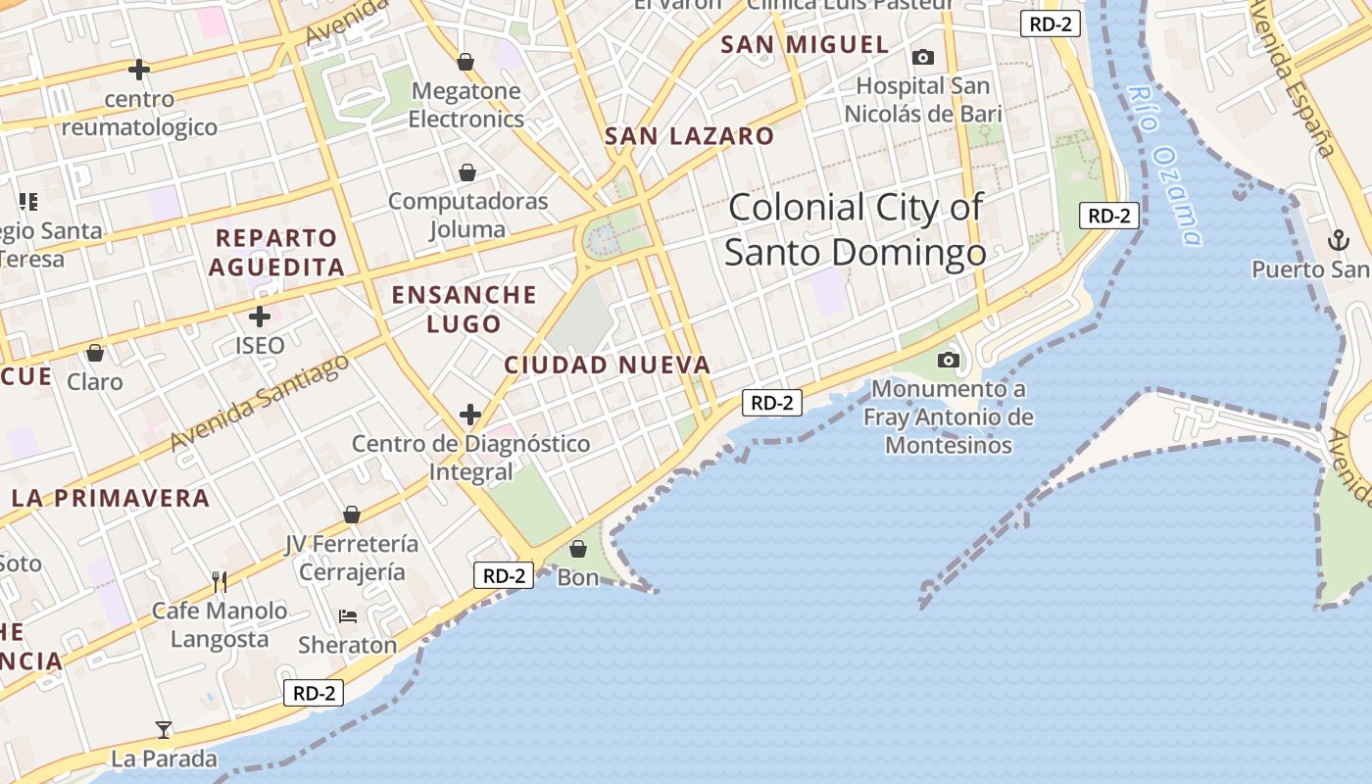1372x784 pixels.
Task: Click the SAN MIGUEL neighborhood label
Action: [x=805, y=44]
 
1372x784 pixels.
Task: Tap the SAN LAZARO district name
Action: [x=689, y=136]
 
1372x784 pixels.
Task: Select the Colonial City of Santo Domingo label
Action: [x=855, y=230]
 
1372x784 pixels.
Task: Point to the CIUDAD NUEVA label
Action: [x=607, y=366]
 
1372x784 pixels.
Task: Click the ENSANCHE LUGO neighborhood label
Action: [x=465, y=309]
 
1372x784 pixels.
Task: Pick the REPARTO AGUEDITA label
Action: [x=276, y=252]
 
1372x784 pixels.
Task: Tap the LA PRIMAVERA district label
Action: [x=111, y=498]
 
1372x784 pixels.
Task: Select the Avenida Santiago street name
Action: [x=259, y=403]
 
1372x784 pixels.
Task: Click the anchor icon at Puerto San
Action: [x=1338, y=240]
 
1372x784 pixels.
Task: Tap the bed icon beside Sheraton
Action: [x=348, y=616]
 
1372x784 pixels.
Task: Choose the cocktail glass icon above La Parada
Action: [x=164, y=730]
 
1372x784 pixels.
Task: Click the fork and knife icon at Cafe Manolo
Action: [x=220, y=582]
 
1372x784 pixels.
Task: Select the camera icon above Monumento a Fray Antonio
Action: [x=948, y=360]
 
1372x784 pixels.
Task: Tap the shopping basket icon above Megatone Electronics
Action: [x=465, y=63]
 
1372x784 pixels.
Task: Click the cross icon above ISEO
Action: [x=260, y=317]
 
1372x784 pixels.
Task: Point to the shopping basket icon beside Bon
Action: [x=578, y=549]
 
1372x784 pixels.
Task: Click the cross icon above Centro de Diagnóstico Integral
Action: [x=470, y=415]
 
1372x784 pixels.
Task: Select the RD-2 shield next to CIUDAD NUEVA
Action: [x=772, y=402]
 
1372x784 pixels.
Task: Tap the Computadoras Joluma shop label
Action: [x=467, y=216]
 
